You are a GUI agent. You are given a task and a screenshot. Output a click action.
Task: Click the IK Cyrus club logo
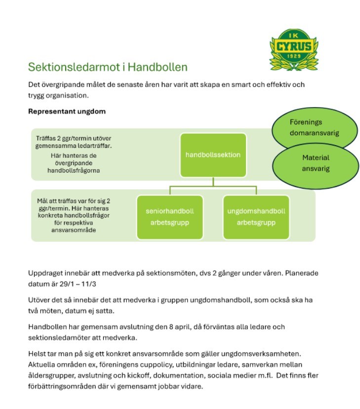click(293, 49)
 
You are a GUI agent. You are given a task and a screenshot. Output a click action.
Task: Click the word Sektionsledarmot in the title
click(66, 67)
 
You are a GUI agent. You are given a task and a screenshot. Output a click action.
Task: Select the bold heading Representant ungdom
click(67, 111)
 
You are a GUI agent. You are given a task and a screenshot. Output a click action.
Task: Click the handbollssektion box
click(213, 155)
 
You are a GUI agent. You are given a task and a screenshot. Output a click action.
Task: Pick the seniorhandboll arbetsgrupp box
click(169, 217)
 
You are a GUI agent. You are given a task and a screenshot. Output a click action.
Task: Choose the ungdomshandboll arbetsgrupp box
click(256, 217)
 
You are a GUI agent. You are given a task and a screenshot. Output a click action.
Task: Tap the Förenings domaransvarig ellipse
click(315, 127)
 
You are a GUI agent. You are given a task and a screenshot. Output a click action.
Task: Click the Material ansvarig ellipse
click(316, 163)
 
